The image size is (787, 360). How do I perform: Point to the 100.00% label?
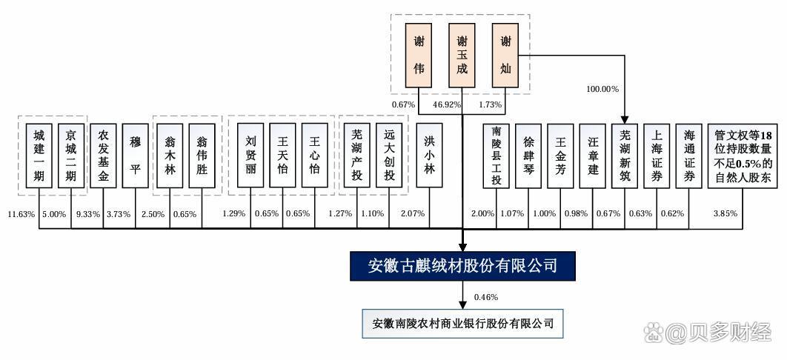click(x=602, y=89)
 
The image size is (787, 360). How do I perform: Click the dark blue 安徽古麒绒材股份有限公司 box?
click(x=462, y=265)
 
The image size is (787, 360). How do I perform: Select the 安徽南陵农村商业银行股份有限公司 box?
click(x=462, y=324)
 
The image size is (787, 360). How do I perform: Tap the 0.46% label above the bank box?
click(x=485, y=297)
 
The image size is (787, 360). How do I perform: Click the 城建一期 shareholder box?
click(x=39, y=154)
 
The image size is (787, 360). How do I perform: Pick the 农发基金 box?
click(x=104, y=154)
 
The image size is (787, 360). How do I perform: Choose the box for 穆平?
click(x=136, y=154)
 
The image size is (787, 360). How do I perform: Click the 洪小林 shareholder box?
click(x=429, y=154)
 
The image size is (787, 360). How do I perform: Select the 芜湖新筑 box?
click(x=625, y=154)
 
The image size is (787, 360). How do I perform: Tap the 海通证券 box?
click(x=689, y=154)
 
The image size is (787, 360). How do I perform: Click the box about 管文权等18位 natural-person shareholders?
click(x=743, y=154)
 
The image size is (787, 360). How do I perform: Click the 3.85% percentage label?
click(x=724, y=214)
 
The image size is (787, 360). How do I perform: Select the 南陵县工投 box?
click(x=496, y=154)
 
